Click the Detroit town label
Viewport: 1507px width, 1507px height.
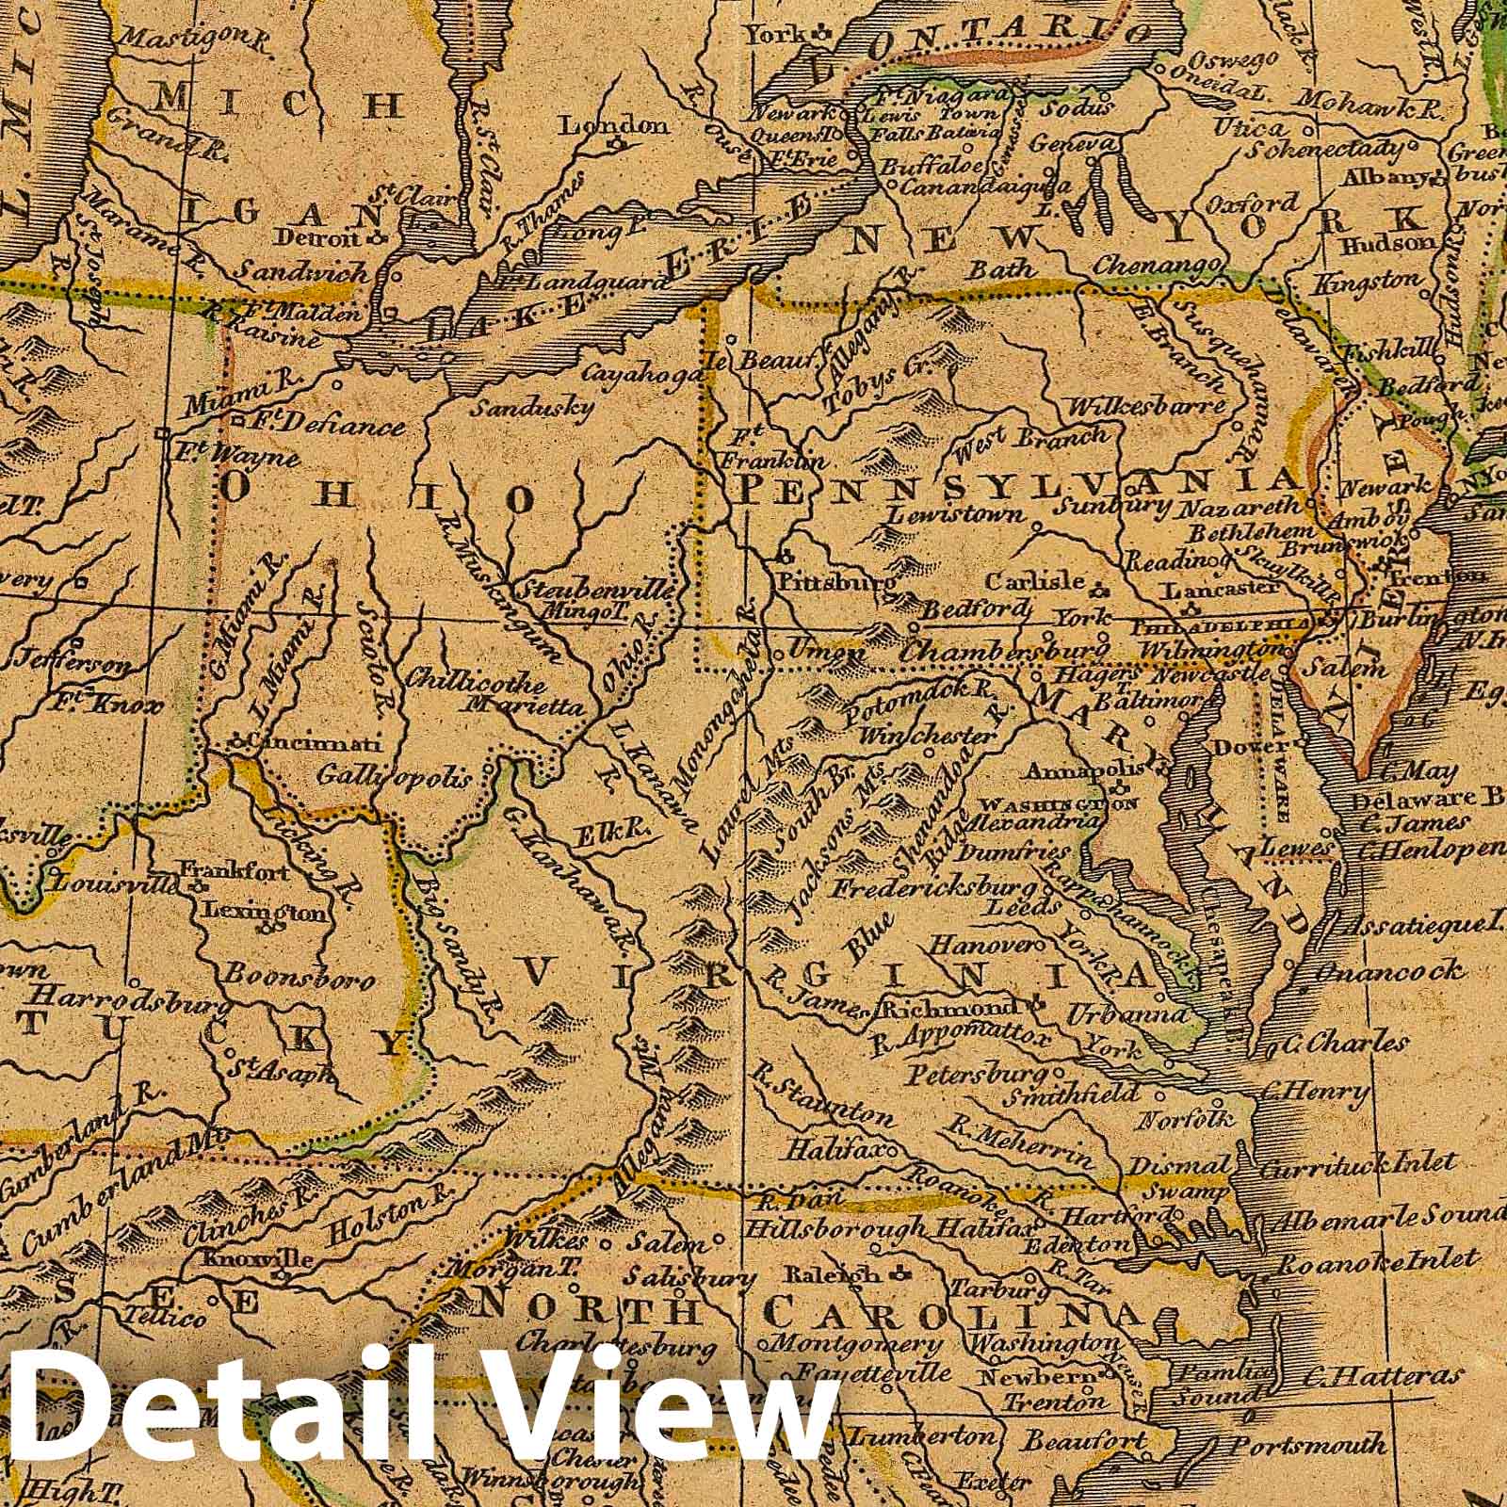(x=331, y=239)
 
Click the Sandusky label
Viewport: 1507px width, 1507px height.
(x=531, y=407)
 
